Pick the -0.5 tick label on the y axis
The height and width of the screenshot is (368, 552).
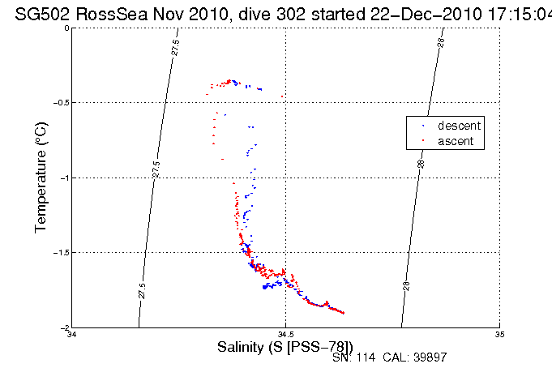point(61,103)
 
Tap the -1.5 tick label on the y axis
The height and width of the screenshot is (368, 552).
point(61,253)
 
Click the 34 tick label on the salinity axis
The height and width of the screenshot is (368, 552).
point(72,334)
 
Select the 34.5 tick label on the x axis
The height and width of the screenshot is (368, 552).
point(285,334)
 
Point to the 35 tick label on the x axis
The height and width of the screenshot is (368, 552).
point(500,334)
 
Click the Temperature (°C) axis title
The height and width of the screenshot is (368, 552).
point(42,178)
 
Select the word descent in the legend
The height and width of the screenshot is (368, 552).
point(460,126)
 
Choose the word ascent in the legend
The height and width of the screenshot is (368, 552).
point(456,141)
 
